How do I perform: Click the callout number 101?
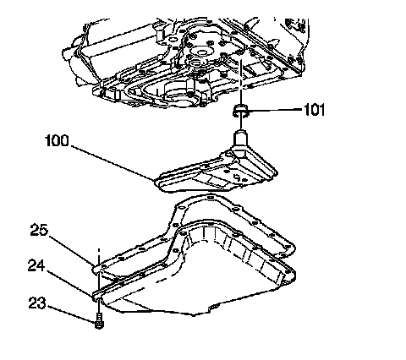[x=314, y=110]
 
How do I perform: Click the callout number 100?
[x=57, y=140]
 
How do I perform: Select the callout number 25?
[x=39, y=230]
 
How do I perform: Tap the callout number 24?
[x=36, y=265]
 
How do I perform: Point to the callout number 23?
[x=36, y=303]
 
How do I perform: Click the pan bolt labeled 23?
[x=99, y=321]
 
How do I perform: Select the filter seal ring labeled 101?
[x=240, y=111]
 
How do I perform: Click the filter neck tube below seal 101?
[x=240, y=139]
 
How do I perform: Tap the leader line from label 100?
[x=112, y=163]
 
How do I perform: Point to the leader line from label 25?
[x=72, y=250]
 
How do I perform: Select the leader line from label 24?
[x=69, y=283]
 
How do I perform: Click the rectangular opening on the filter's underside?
[x=218, y=180]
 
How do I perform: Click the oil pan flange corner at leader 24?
[x=98, y=296]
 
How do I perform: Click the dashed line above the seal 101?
[x=240, y=82]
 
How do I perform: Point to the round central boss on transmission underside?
[x=201, y=52]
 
